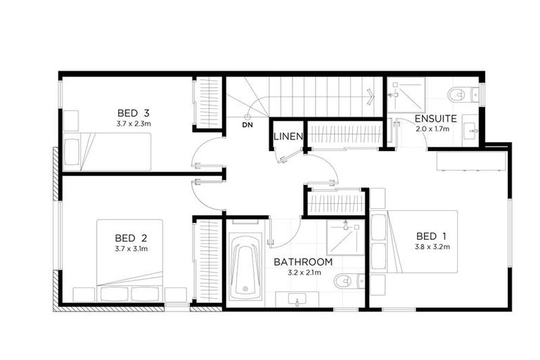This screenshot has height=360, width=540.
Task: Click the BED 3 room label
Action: point(134,112)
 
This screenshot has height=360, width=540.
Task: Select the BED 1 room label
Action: point(431,236)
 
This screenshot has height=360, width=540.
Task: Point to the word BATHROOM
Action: point(303,262)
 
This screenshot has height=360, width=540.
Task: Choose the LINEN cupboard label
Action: point(288,136)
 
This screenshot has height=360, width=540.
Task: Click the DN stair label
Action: point(247,125)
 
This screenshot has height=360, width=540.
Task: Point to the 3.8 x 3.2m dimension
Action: point(431,247)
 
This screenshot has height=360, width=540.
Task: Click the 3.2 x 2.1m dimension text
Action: point(303,272)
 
